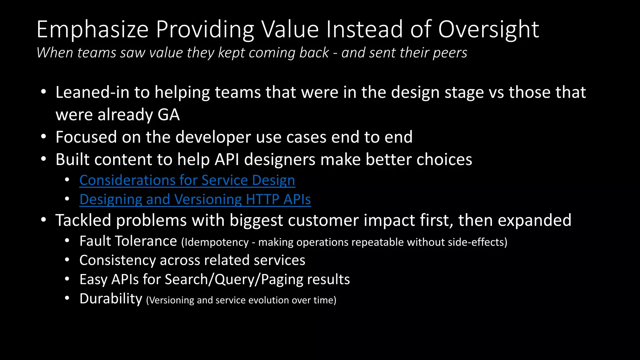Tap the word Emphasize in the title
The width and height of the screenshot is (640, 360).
coord(92,29)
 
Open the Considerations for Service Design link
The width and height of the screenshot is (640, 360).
coord(187,180)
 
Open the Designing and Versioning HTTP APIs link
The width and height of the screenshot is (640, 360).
coord(195,199)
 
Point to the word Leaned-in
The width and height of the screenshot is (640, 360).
coord(92,92)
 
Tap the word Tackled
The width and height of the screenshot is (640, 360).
coord(83,220)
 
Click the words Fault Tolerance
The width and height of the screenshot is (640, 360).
coord(128,241)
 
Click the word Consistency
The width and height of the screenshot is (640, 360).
coord(117,260)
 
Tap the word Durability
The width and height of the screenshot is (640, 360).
coord(111,299)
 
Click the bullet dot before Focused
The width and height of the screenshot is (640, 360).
coord(43,137)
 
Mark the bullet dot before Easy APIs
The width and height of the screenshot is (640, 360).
coord(67,279)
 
